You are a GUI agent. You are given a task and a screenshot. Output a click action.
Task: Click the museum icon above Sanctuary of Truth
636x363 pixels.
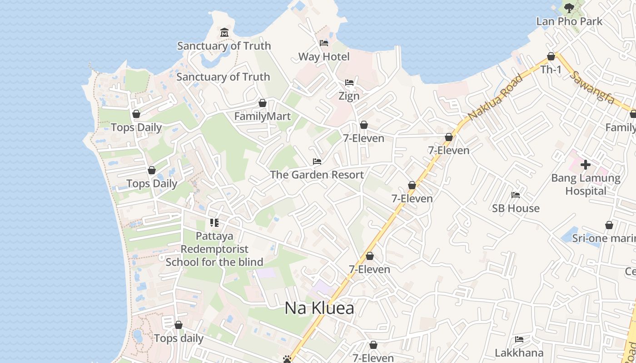point(224,33)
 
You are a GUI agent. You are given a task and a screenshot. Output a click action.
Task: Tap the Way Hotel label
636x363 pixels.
point(324,57)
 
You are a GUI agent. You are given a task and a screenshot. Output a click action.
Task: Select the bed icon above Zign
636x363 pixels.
point(349,83)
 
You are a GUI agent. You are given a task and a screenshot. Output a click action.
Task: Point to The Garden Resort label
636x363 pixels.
point(317,175)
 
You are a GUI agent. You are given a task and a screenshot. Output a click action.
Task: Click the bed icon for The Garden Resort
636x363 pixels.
point(317,162)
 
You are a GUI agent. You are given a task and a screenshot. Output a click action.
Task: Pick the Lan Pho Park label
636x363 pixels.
point(569,21)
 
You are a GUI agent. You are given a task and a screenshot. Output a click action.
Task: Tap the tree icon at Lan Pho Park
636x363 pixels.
point(569,8)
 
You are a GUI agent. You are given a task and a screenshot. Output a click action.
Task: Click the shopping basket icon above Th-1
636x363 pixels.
point(551,57)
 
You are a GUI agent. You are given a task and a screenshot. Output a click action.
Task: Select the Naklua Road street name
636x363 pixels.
point(495,97)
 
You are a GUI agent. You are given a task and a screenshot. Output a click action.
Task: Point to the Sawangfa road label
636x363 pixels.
point(592,87)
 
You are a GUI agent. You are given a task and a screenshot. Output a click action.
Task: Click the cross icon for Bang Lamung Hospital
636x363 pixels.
point(586,164)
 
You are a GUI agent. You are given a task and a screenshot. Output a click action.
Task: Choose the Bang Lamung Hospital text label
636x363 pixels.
point(586,184)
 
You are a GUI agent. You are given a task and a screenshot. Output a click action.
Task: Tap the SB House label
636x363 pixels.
point(516,208)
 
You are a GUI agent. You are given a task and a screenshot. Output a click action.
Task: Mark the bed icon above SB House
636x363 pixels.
point(516,195)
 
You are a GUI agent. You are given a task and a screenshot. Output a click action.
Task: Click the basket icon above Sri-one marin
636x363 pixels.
point(609,225)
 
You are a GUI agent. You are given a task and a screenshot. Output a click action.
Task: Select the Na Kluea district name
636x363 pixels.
point(319,308)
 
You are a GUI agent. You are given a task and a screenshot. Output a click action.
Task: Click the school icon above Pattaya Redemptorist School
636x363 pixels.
point(214,223)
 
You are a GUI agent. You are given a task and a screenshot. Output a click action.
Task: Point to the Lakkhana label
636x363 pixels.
point(519,353)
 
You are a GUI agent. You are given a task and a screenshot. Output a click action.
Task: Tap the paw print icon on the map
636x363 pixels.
point(287,359)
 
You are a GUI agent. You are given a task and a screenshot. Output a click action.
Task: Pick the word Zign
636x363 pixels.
point(349,96)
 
